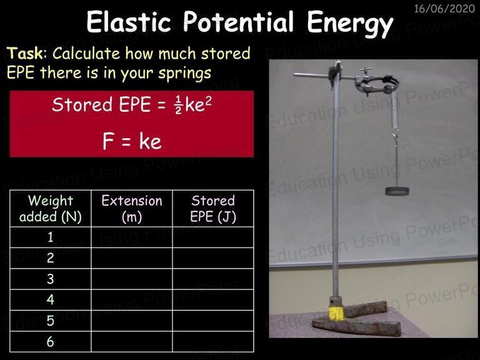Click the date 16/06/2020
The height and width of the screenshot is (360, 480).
[x=444, y=9]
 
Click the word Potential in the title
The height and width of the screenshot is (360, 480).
[x=238, y=22]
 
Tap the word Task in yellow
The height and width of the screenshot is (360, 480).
[x=25, y=53]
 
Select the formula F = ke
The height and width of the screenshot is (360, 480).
[x=132, y=141]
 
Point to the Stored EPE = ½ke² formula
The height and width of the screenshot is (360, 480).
[x=132, y=104]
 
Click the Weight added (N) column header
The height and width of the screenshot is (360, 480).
[x=51, y=209]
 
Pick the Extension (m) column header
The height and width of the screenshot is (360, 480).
[x=132, y=209]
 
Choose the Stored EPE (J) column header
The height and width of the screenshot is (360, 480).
[x=213, y=209]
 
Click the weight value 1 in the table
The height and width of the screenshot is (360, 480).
[x=51, y=237]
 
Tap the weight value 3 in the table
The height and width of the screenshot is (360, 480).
[x=51, y=279]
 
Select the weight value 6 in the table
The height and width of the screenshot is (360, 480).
[x=51, y=341]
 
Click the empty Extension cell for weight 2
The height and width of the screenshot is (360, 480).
[x=132, y=258]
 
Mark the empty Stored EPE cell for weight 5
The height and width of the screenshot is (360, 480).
[x=213, y=321]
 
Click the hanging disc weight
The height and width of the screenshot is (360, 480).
[x=397, y=191]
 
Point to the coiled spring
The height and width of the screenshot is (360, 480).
[x=394, y=112]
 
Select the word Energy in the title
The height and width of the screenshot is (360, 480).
[x=350, y=22]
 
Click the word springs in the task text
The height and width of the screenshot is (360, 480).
[x=184, y=74]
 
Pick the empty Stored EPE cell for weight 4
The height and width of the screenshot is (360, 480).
[x=213, y=300]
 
